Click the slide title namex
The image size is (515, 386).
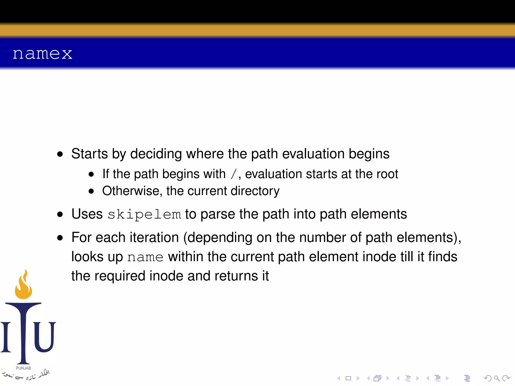pyautogui.click(x=42, y=54)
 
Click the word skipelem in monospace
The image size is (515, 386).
pyautogui.click(x=144, y=215)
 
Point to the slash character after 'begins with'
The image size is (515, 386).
pyautogui.click(x=234, y=174)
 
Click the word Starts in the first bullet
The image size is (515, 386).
pyautogui.click(x=90, y=154)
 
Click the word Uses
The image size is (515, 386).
pyautogui.click(x=87, y=214)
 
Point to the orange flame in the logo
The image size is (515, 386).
pyautogui.click(x=23, y=285)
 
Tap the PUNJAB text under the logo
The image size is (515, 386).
pyautogui.click(x=23, y=368)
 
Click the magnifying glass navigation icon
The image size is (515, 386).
pyautogui.click(x=497, y=378)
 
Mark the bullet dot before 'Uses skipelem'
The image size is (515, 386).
pyautogui.click(x=60, y=214)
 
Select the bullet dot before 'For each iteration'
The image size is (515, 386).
pyautogui.click(x=60, y=238)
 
